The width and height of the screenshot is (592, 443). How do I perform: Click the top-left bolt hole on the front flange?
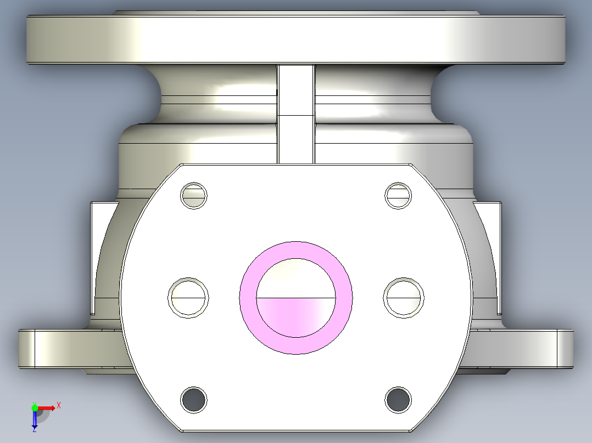pyautogui.click(x=194, y=195)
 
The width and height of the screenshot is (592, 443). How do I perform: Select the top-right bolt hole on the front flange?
pyautogui.click(x=399, y=195)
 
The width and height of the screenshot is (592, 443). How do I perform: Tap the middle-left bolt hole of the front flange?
pyautogui.click(x=188, y=297)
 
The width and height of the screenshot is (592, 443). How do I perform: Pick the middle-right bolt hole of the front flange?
pyautogui.click(x=404, y=297)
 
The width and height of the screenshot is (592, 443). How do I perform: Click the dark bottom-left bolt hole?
pyautogui.click(x=194, y=400)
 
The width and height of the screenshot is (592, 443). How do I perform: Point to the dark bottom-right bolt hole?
pyautogui.click(x=398, y=400)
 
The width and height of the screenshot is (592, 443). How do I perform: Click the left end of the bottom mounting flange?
pyautogui.click(x=44, y=349)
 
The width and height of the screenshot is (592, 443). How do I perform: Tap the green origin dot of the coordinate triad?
pyautogui.click(x=35, y=407)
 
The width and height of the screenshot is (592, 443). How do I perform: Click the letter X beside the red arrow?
pyautogui.click(x=58, y=405)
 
